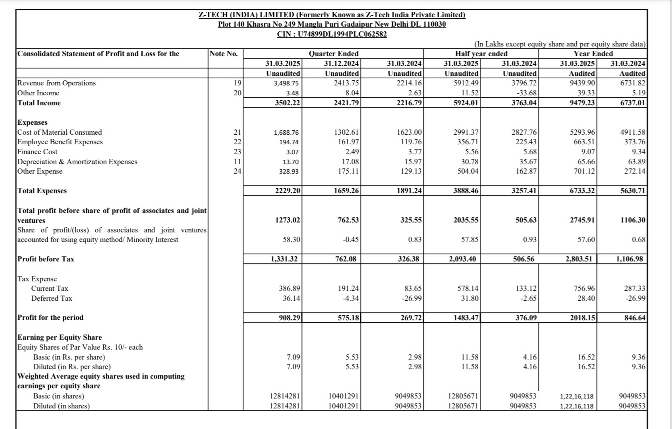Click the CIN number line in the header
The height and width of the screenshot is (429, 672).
point(332,34)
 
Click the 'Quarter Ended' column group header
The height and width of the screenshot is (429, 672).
point(334,54)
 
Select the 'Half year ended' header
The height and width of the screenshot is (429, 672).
point(481,54)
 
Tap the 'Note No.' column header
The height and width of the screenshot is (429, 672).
point(224,54)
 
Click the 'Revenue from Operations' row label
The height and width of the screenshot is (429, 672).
point(56,83)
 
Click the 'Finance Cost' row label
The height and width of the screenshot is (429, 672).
point(37,152)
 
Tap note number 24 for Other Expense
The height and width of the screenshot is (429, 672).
point(237,171)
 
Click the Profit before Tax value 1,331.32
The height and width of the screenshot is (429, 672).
point(284,259)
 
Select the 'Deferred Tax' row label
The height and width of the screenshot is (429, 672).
point(52,298)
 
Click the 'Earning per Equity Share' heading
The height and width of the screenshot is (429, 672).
point(60,337)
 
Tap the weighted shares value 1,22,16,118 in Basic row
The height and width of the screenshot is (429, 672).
point(577,396)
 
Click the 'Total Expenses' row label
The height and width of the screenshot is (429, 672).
point(42,191)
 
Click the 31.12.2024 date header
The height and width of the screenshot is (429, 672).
point(342,64)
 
